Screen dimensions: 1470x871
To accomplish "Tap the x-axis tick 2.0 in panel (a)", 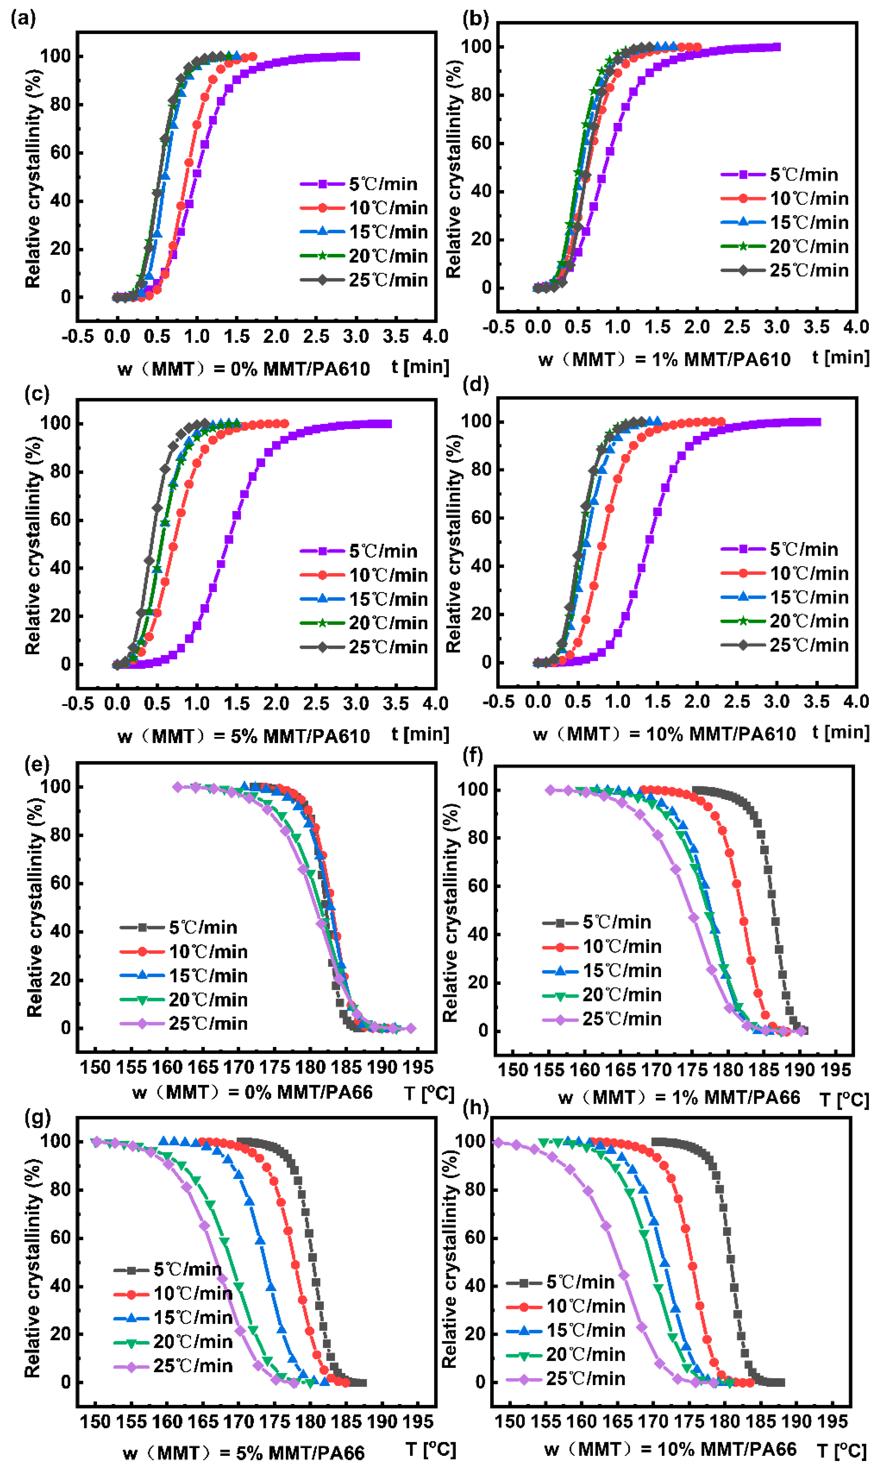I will [276, 336].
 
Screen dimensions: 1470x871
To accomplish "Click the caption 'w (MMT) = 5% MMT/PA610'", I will [244, 736].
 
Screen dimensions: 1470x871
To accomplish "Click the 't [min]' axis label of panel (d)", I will [840, 732].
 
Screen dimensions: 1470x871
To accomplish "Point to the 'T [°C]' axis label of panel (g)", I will [430, 1449].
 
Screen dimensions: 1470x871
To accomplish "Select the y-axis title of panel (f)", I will [450, 913].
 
